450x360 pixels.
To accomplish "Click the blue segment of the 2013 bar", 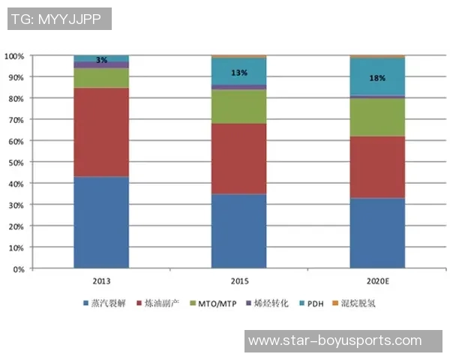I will (x=101, y=222).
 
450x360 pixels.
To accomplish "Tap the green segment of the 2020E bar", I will (x=377, y=116).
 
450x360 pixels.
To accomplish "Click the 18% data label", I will (x=377, y=77).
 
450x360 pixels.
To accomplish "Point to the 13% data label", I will (x=238, y=73).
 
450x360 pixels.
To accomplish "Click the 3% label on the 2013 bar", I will (x=101, y=59).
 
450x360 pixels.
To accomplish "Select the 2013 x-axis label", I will (x=101, y=280).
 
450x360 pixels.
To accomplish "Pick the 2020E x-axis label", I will (x=377, y=280).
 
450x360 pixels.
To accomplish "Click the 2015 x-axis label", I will (x=238, y=280).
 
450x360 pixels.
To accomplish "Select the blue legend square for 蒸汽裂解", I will (x=85, y=304).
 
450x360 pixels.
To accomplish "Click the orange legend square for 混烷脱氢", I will (x=334, y=304).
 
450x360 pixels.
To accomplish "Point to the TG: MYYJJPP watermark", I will (x=59, y=19).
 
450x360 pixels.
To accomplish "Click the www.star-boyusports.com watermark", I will (x=334, y=340).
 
